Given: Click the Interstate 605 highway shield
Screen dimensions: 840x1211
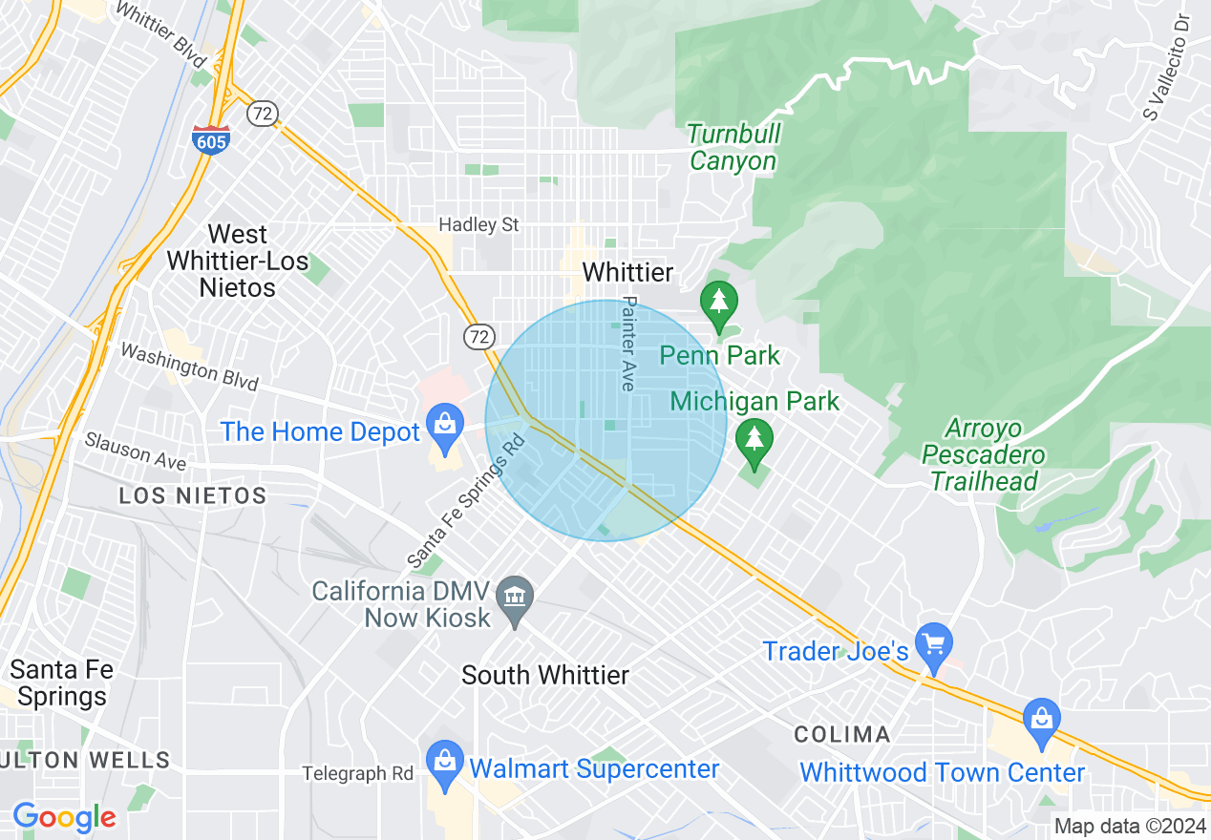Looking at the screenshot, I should pos(209,139).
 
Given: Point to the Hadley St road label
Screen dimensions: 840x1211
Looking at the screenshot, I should pos(478,225).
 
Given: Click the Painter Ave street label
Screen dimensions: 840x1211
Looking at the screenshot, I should pos(627,343).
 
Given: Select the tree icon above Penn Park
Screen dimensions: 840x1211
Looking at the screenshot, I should pos(719,304).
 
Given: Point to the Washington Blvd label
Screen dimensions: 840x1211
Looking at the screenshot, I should pos(189,367).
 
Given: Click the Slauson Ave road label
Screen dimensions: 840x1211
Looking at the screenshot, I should pos(135,451).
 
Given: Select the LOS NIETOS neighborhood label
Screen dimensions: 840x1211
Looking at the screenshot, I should pos(193,495).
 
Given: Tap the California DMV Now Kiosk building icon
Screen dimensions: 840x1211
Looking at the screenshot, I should pos(516,598).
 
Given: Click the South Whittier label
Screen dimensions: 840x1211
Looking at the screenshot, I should pos(545,676).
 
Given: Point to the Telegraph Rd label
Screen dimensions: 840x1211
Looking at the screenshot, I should pos(358,773).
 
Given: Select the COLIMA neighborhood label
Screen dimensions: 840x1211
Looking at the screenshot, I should pos(843,734).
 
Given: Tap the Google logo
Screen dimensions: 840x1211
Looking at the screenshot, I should pos(64,817).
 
